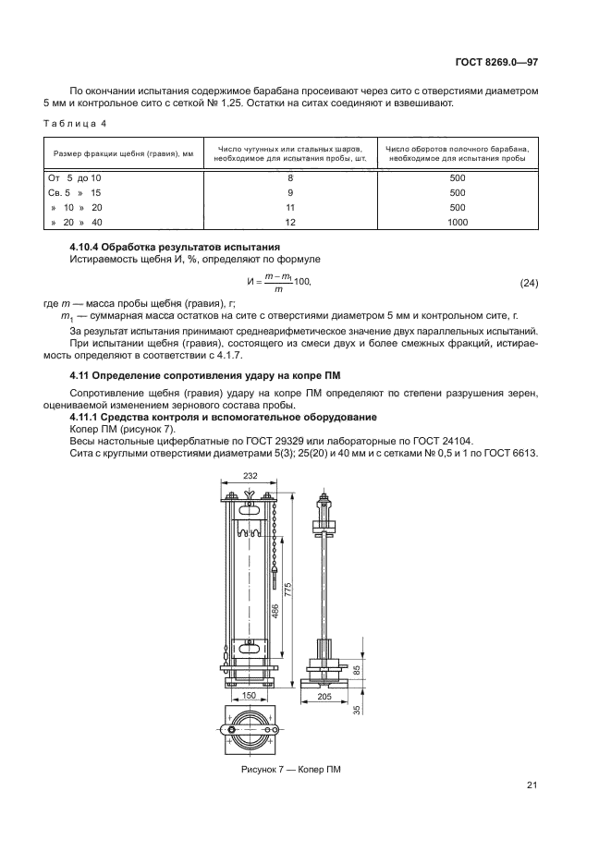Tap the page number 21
coord(532,785)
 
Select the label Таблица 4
coord(79,122)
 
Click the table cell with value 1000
coord(457,222)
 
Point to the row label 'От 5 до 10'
coord(74,176)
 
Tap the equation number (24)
coord(529,281)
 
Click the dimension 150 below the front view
coord(247,695)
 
